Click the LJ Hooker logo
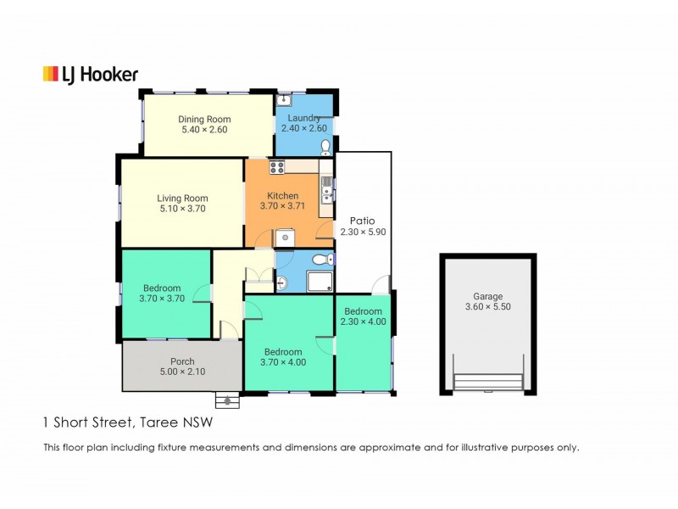pos(90,75)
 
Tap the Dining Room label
pos(204,120)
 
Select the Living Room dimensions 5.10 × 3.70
pos(181,209)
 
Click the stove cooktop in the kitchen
pos(277,167)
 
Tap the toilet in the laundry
pos(326,148)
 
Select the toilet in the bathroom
pos(320,260)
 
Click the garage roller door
pos(488,383)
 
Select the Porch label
pos(182,361)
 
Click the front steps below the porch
pos(226,400)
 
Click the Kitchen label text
pos(282,196)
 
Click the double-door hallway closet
pos(258,277)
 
